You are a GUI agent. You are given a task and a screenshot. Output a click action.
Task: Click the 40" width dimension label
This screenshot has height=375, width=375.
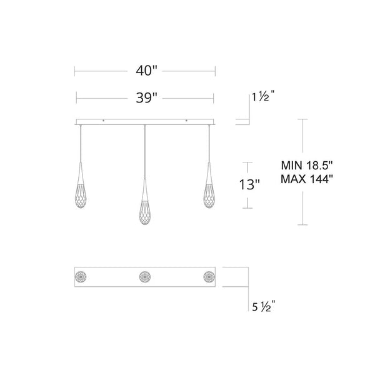144,71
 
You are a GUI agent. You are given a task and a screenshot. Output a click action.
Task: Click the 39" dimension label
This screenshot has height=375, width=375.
144,97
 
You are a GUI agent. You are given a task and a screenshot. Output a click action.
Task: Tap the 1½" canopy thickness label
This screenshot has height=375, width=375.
262,97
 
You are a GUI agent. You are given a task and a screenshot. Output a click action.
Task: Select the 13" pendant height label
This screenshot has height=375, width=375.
249,185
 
